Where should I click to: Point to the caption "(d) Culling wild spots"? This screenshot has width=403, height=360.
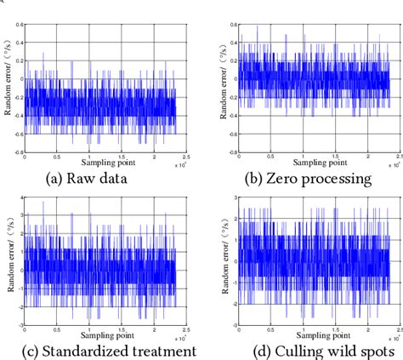click(x=303, y=351)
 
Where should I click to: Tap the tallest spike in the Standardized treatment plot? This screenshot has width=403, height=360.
click(x=44, y=202)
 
